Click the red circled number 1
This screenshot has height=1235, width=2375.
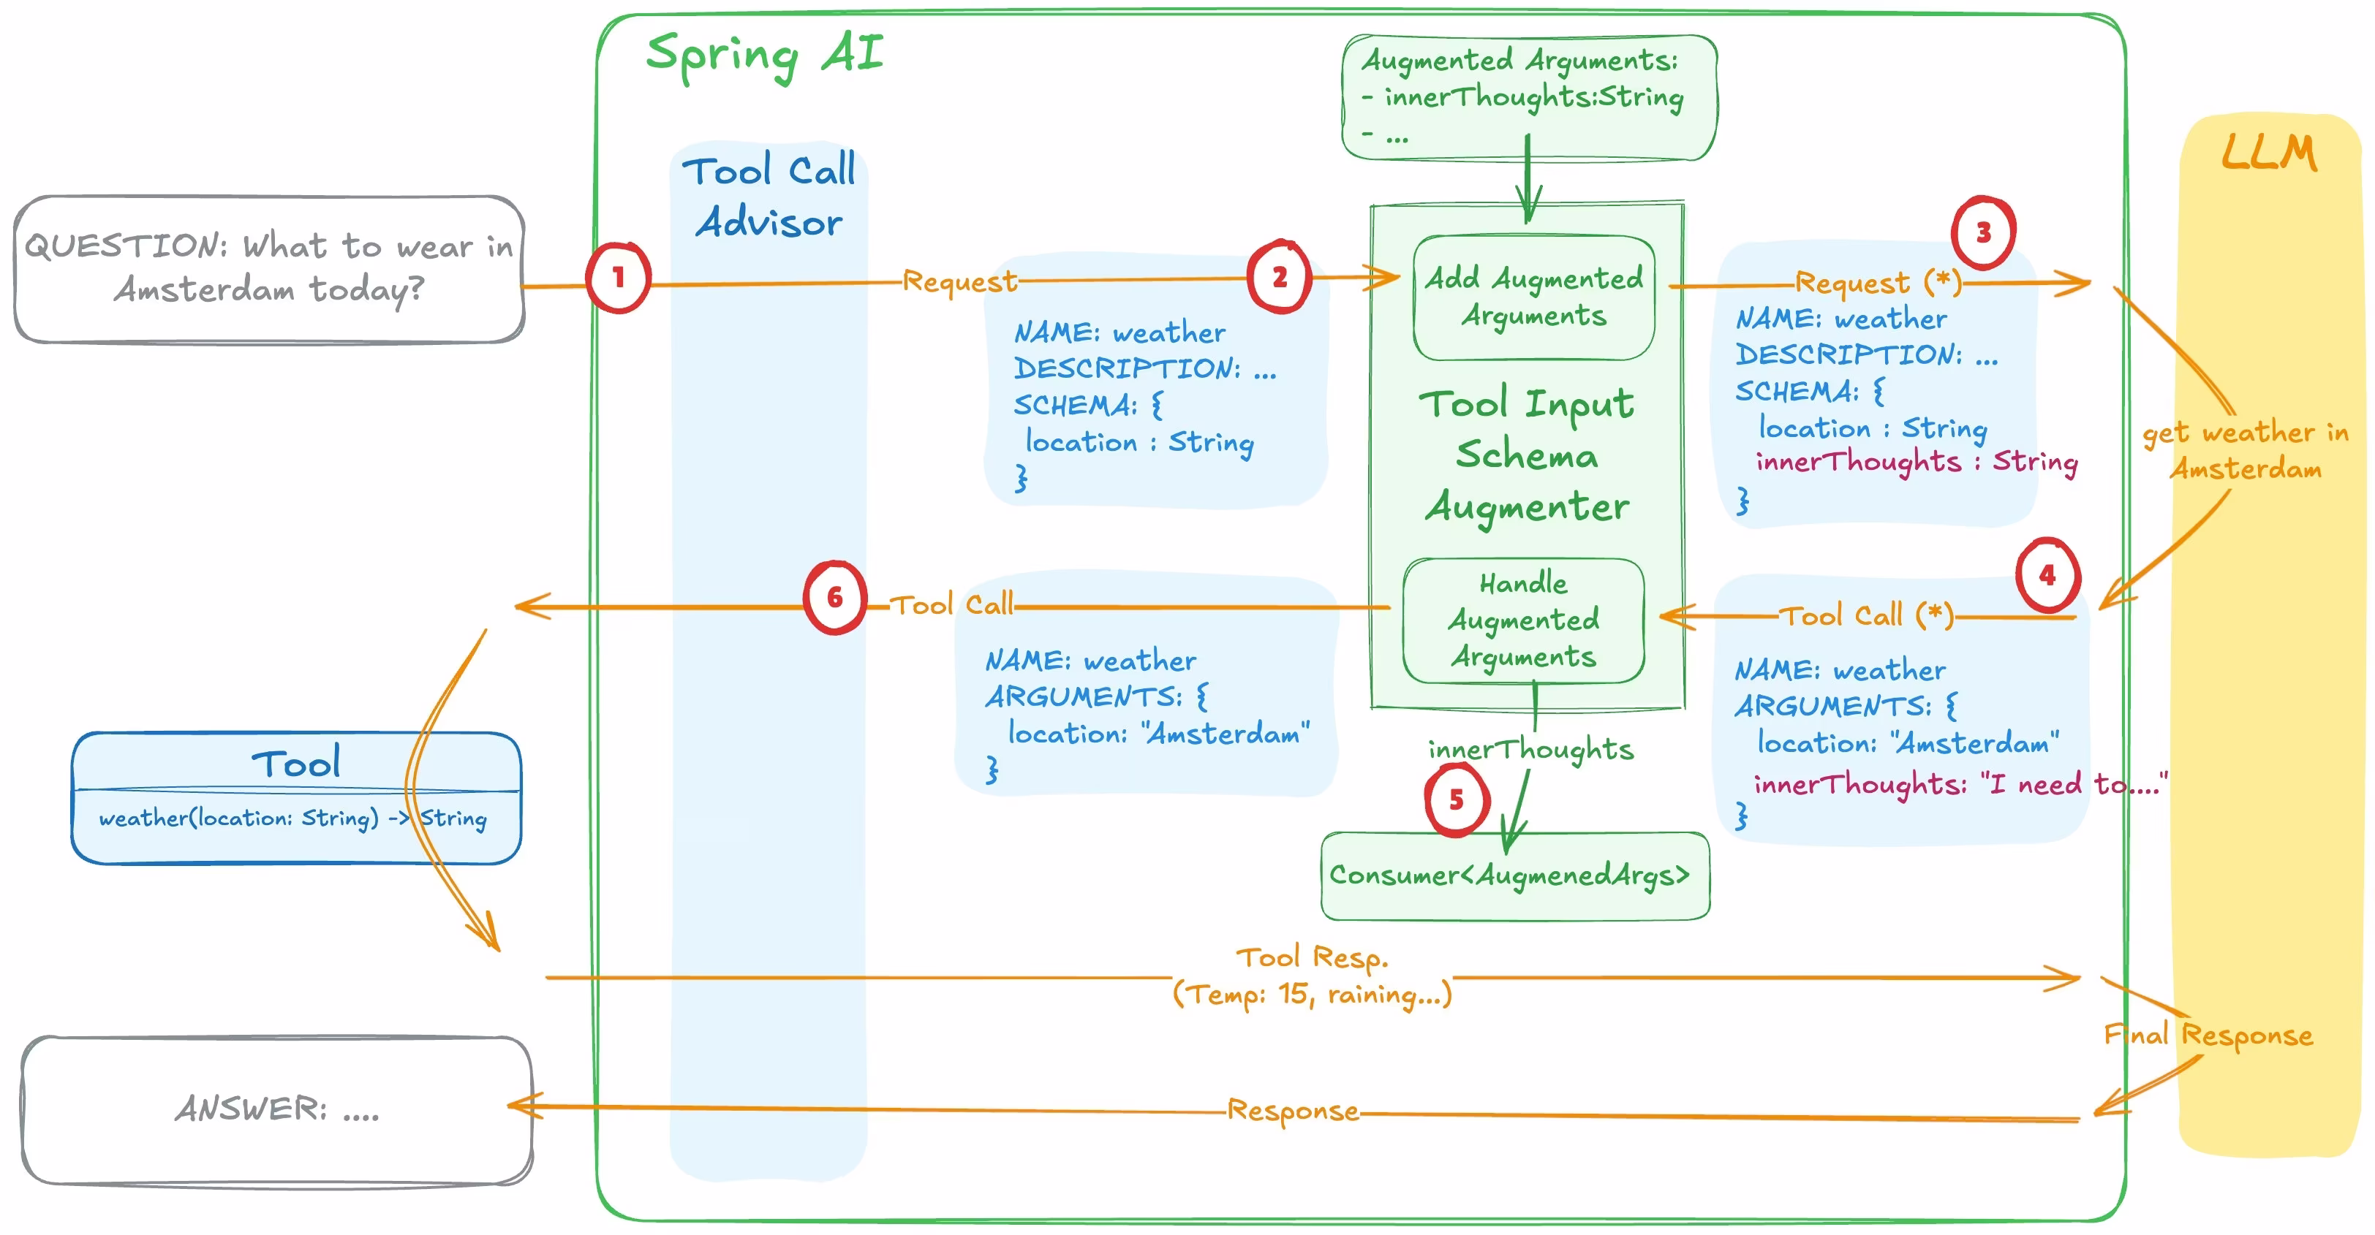click(x=618, y=278)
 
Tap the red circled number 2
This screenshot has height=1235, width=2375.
click(x=1279, y=276)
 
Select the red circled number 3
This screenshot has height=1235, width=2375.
click(x=1983, y=232)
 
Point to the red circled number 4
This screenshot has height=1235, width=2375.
click(x=2047, y=575)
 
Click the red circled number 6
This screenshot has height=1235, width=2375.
click(x=834, y=597)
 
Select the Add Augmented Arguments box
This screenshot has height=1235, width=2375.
click(x=1533, y=297)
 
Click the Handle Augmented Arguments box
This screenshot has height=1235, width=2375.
click(x=1523, y=620)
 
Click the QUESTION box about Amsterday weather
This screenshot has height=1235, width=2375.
click(x=268, y=268)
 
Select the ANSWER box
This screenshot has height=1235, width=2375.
click(x=276, y=1109)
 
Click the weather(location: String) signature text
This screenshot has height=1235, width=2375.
click(x=292, y=818)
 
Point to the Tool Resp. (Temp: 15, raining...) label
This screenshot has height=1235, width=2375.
click(x=1311, y=977)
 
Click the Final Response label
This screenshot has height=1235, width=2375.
click(x=2208, y=1035)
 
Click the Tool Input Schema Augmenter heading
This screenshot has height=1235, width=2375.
click(x=1527, y=455)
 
